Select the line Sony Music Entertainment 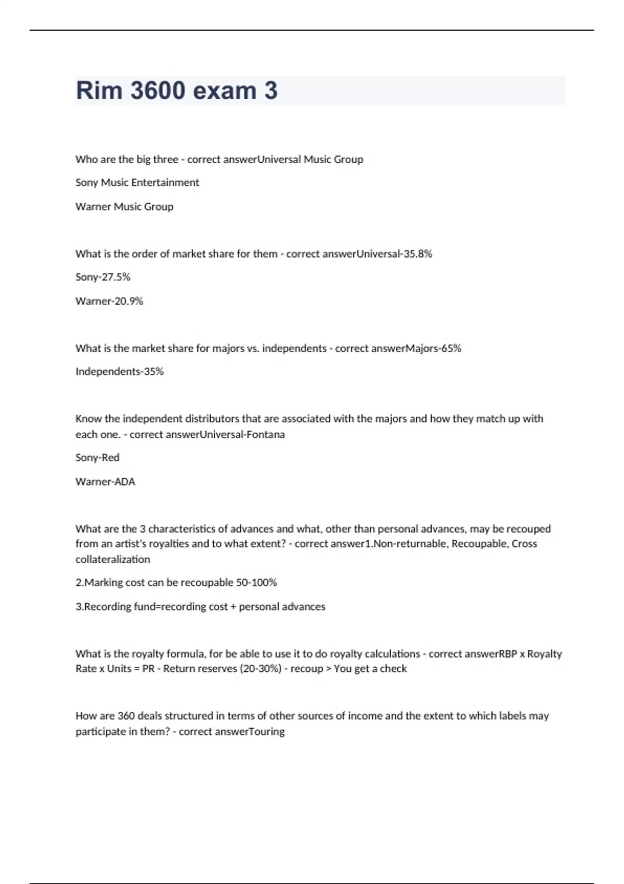(x=137, y=183)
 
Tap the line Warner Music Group (x=124, y=206)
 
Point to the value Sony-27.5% (x=103, y=277)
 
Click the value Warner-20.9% (x=109, y=301)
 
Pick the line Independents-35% (x=120, y=371)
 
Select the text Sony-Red (x=97, y=458)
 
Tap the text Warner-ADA (x=105, y=482)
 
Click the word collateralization (x=113, y=560)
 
